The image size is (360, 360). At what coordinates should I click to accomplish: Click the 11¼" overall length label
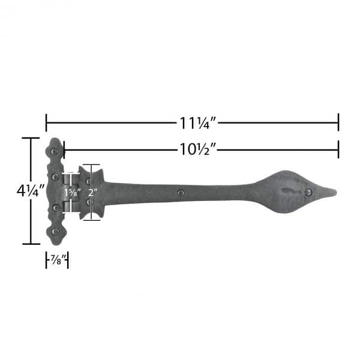point(197,123)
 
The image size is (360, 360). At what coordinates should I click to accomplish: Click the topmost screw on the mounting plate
point(55,152)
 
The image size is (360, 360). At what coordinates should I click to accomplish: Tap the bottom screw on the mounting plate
point(55,231)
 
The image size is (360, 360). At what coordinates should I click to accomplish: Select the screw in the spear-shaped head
point(308,193)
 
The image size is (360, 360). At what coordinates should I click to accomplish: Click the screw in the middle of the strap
point(181,193)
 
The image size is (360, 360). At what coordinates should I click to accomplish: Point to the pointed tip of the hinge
point(335,192)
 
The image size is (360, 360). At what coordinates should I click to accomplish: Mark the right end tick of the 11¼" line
point(338,122)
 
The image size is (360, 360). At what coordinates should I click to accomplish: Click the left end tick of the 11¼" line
point(46,122)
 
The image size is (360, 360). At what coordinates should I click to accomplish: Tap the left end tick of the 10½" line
point(64,149)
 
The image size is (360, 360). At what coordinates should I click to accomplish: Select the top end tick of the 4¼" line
point(31,139)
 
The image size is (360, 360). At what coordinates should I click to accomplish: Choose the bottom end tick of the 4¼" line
point(31,244)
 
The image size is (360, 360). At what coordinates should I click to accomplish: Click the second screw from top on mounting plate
point(55,177)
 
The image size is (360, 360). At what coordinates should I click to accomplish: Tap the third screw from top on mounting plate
point(55,207)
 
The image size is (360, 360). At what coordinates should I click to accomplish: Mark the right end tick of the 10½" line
point(338,149)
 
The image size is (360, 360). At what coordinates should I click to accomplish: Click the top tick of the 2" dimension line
point(91,165)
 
